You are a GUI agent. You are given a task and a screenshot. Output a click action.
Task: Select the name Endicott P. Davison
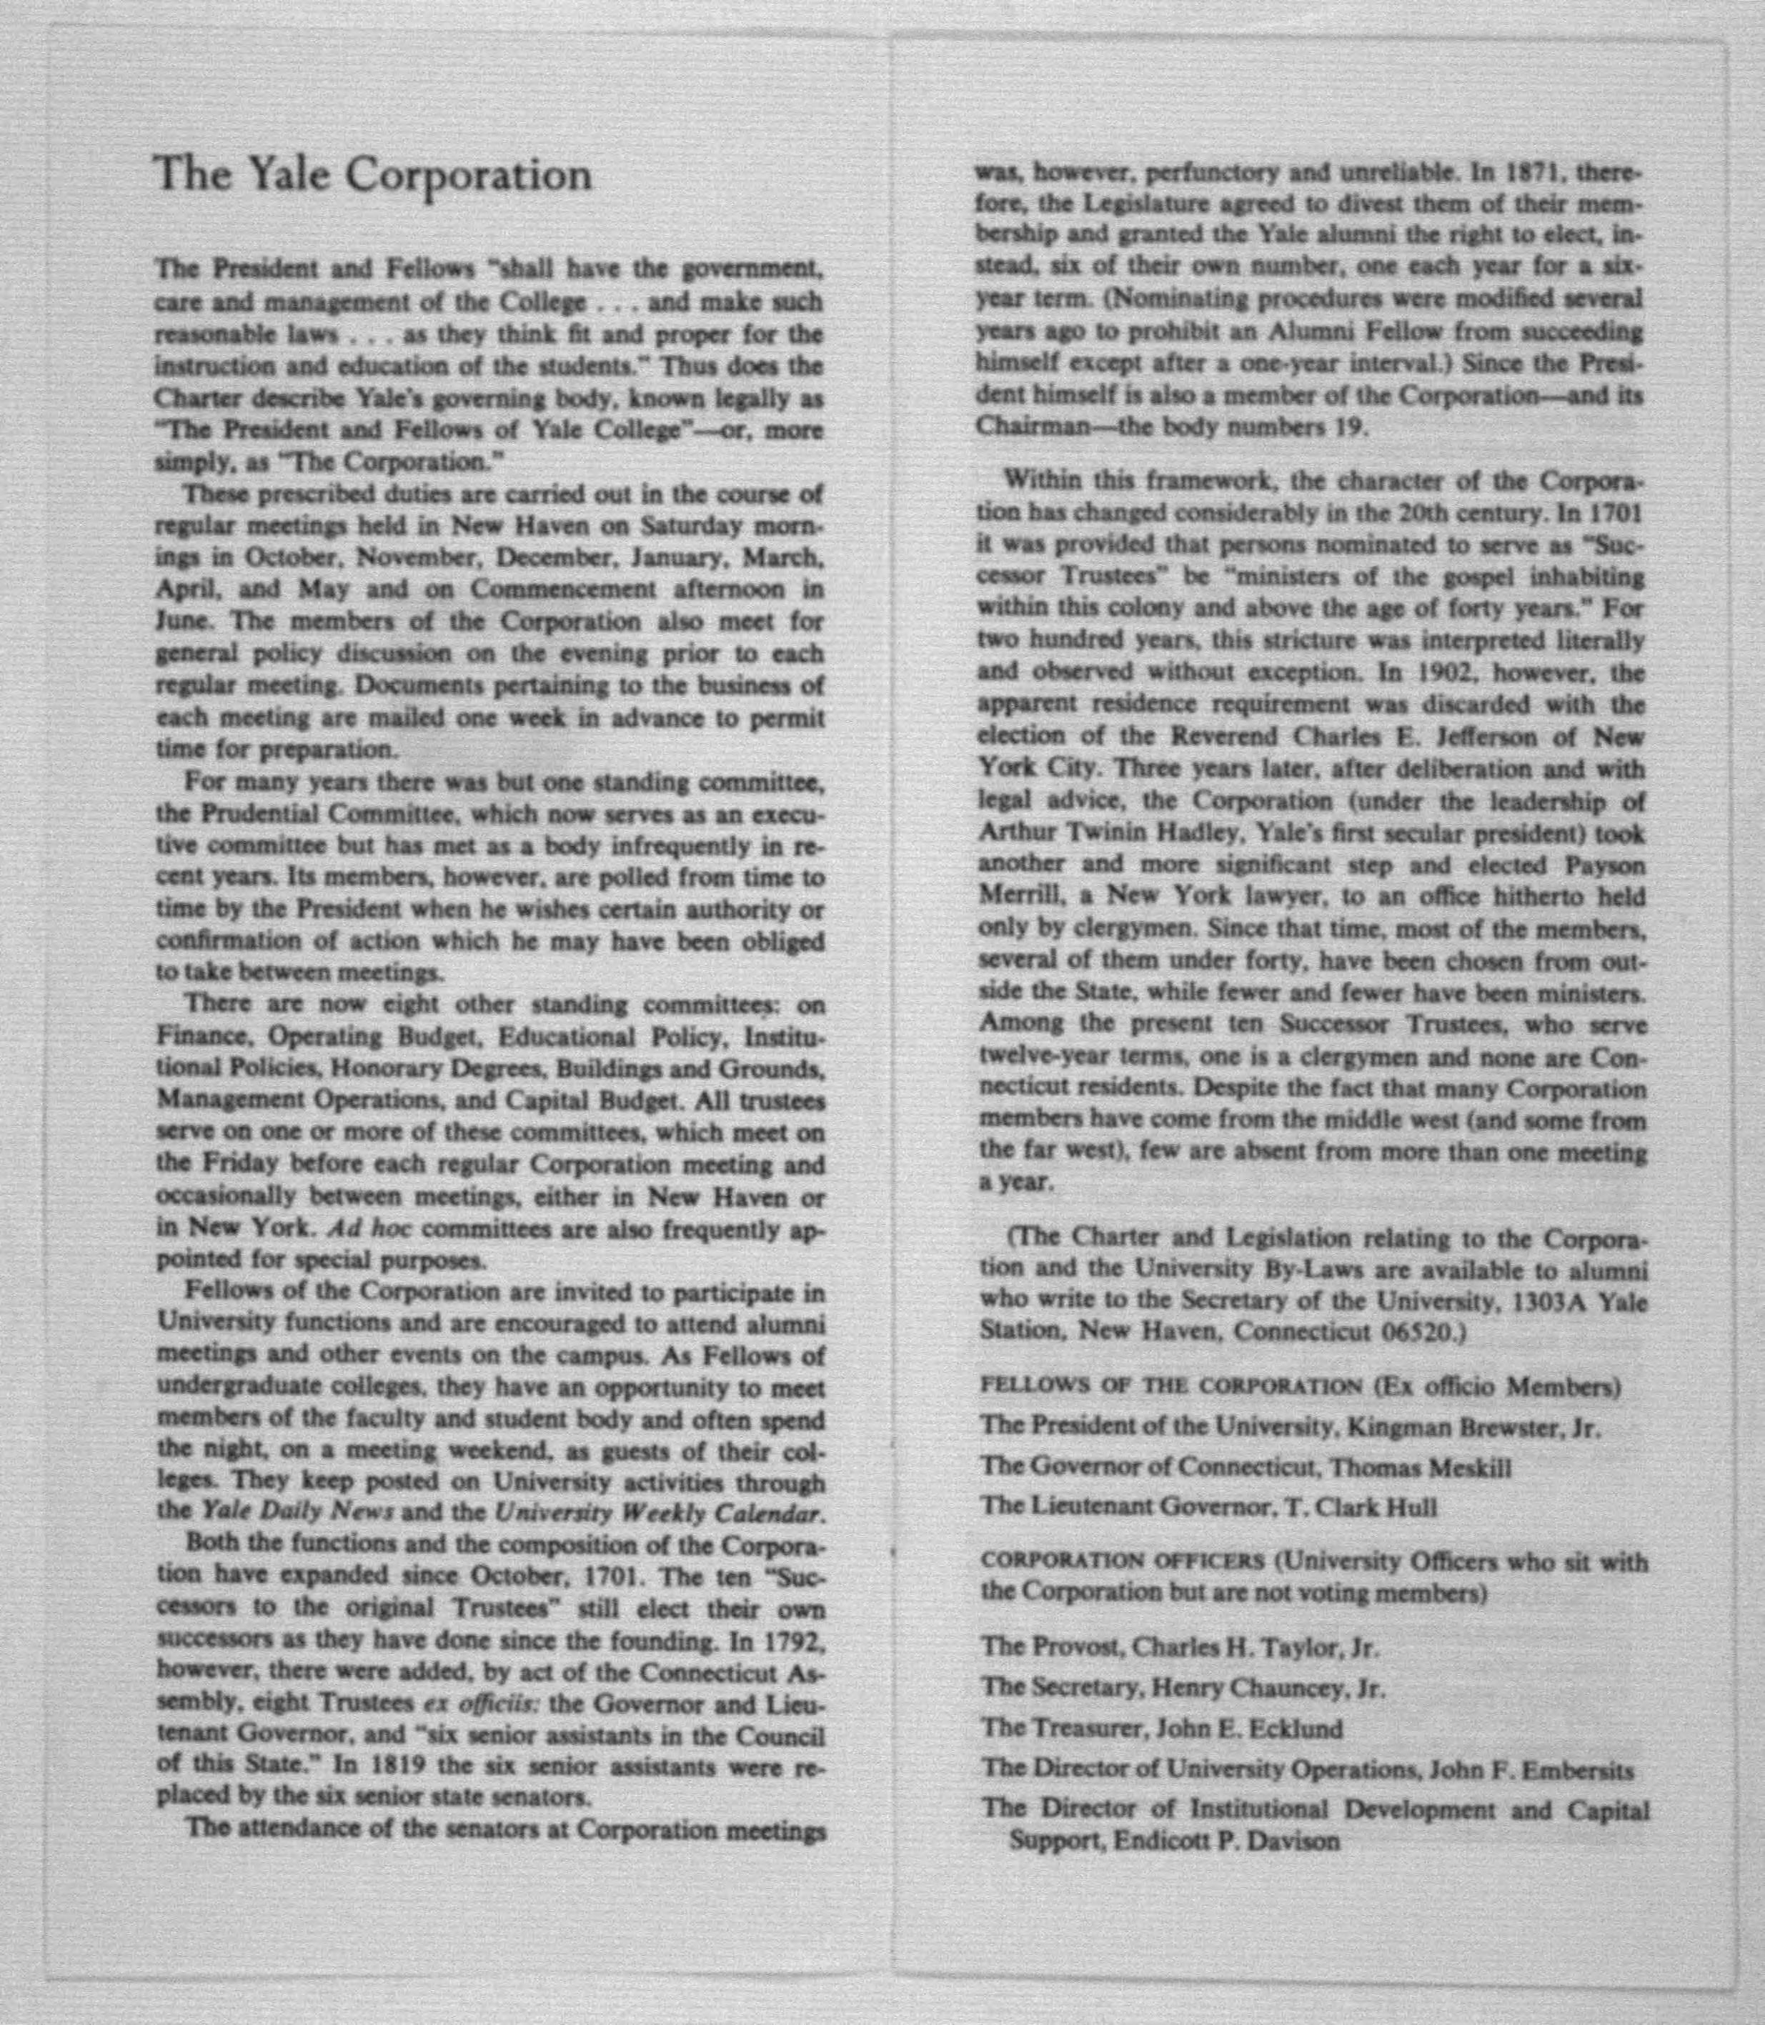click(1226, 1841)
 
